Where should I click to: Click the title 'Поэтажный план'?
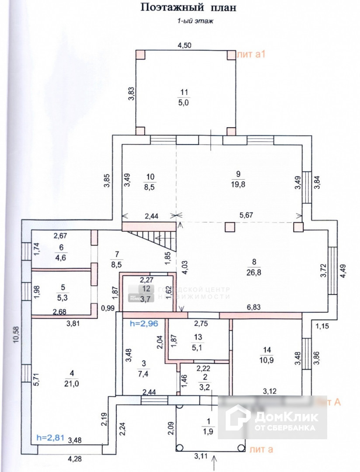point(188,7)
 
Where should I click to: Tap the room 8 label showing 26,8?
point(254,268)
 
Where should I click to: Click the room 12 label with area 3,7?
point(147,293)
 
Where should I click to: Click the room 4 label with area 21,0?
point(71,378)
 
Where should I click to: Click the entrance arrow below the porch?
point(214,462)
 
